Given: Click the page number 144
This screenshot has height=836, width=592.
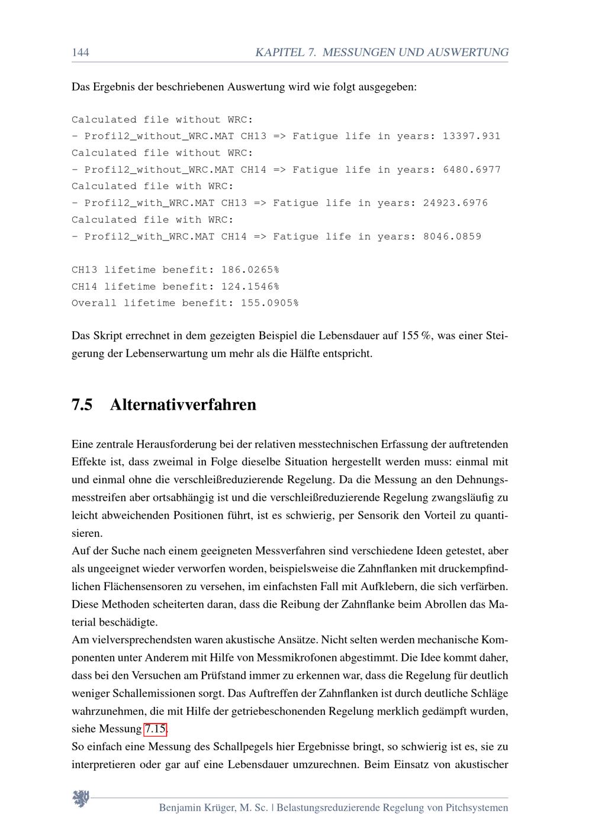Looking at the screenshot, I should click(x=81, y=53).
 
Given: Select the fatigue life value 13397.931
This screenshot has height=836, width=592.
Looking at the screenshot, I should click(x=471, y=136).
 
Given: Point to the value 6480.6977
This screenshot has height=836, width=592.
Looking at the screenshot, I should click(x=471, y=170).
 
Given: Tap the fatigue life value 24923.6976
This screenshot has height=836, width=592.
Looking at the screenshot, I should click(x=455, y=203).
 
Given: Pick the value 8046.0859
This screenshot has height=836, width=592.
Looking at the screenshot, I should click(x=452, y=236).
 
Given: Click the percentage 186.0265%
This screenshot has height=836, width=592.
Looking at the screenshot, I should click(x=250, y=270).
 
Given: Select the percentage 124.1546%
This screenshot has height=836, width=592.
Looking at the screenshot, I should click(x=250, y=287).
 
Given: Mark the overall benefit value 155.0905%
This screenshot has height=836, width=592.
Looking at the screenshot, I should click(x=269, y=303).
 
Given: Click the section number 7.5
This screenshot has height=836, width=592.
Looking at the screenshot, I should click(x=82, y=405).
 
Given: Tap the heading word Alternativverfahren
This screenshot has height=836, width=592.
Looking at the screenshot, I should click(x=183, y=405).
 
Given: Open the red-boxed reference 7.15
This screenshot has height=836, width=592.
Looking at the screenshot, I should click(x=155, y=729).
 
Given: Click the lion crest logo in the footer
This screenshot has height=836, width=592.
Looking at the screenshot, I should click(x=81, y=799).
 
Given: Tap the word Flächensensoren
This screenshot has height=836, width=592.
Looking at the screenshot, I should click(x=139, y=587).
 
